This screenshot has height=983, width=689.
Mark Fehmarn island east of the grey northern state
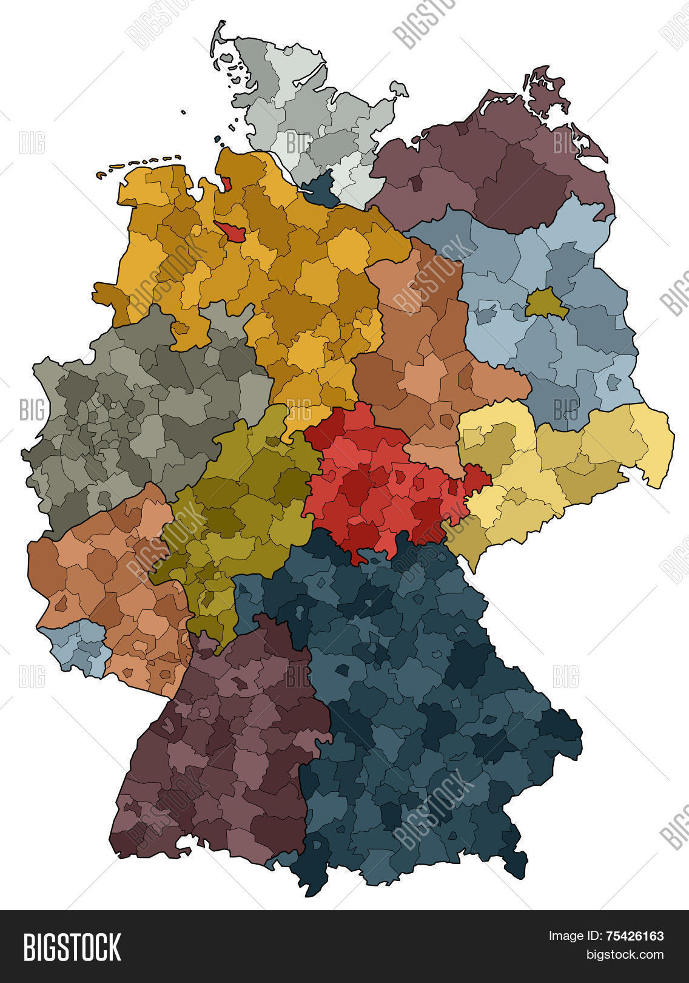click(x=398, y=89)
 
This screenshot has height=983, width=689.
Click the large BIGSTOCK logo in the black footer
click(x=72, y=947)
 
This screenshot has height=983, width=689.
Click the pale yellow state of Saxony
click(x=564, y=461)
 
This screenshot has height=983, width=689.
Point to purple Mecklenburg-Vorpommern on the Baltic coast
click(x=497, y=176)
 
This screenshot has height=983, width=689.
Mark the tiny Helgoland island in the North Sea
click(x=183, y=112)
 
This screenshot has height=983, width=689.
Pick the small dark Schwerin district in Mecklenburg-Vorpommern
click(x=416, y=184)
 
